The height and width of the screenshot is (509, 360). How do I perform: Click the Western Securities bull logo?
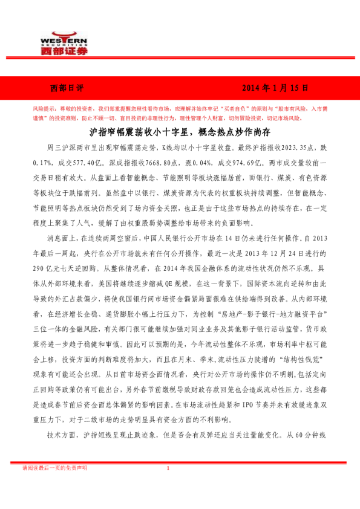pyautogui.click(x=64, y=33)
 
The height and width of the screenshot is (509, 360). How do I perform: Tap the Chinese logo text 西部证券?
pyautogui.click(x=64, y=51)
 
